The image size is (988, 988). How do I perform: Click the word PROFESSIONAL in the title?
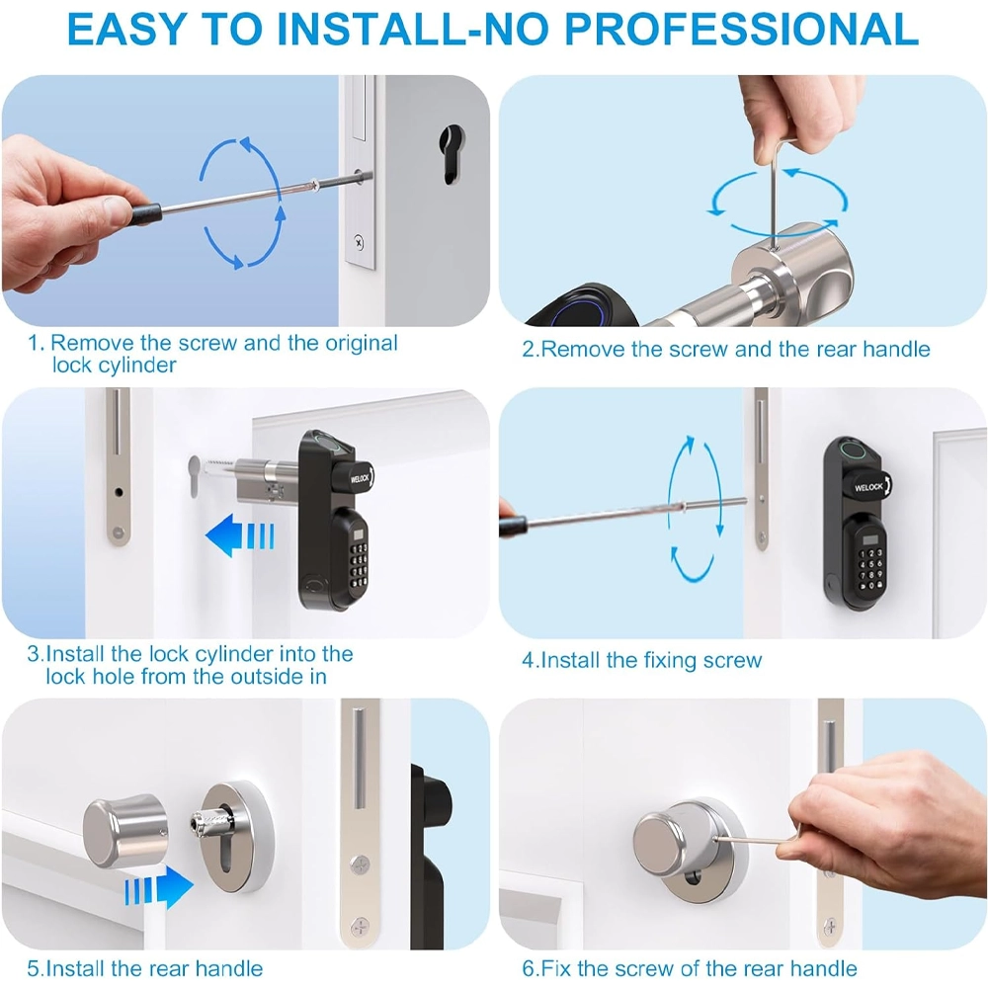click(x=741, y=29)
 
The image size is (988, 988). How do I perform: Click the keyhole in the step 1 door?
click(x=451, y=154)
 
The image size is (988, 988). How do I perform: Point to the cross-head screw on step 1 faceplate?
click(x=359, y=242)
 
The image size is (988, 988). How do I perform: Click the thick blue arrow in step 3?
click(x=240, y=535)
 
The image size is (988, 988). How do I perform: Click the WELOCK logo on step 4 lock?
click(x=868, y=487)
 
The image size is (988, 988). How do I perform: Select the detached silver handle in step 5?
click(x=126, y=832)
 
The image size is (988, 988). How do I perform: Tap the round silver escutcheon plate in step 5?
click(x=236, y=836)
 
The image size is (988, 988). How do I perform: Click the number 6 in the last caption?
click(x=528, y=968)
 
